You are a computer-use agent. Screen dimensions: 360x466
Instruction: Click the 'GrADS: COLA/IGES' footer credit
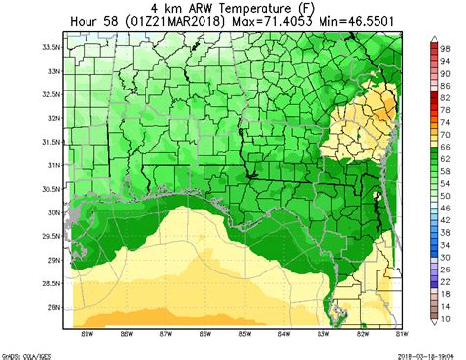tap(26, 354)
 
